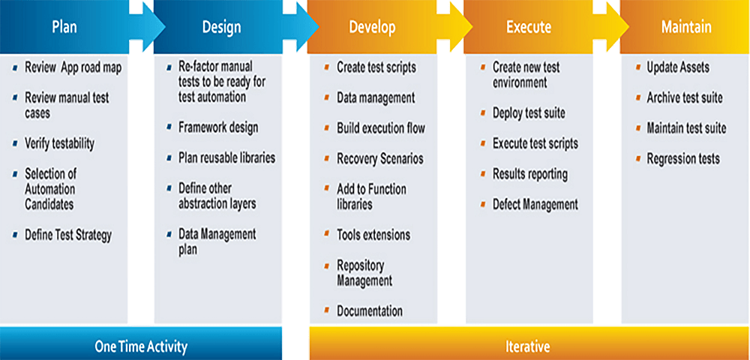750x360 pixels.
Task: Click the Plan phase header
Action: click(x=64, y=27)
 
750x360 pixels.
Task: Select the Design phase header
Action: click(x=221, y=27)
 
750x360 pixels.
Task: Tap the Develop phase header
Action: click(x=372, y=27)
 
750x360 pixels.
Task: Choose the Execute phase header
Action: click(x=529, y=27)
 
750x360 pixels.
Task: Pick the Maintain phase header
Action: click(x=686, y=27)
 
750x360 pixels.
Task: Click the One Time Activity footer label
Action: click(x=141, y=346)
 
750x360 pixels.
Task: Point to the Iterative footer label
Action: click(x=527, y=346)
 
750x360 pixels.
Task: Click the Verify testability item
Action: click(x=60, y=143)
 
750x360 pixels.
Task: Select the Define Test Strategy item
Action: click(x=68, y=235)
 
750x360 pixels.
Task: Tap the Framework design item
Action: click(x=218, y=127)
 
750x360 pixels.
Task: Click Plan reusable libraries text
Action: click(x=226, y=157)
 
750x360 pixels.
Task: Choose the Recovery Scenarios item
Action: click(x=379, y=158)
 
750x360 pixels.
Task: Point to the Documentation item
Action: click(x=369, y=310)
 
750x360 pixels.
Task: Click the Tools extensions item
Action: click(x=373, y=235)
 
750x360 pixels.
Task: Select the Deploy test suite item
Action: click(x=529, y=112)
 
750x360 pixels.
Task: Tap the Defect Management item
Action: click(x=535, y=204)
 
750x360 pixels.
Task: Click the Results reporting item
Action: click(x=530, y=174)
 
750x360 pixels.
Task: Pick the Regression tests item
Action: click(x=683, y=158)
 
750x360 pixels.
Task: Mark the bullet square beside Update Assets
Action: click(x=638, y=67)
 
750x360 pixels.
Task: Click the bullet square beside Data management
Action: click(x=327, y=97)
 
